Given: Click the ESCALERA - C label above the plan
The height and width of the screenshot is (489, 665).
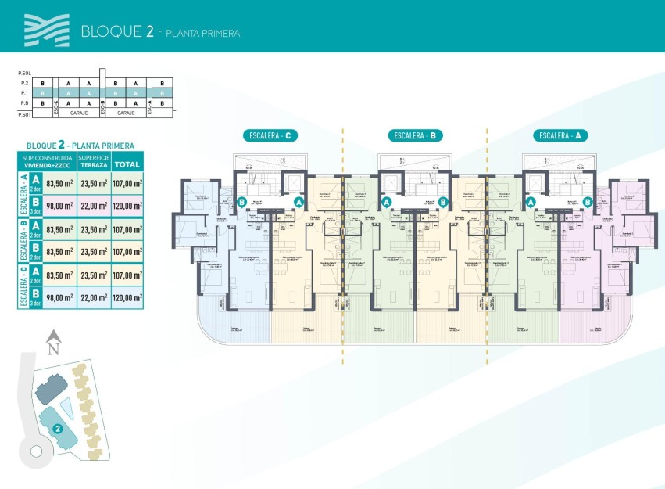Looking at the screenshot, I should coord(270,135).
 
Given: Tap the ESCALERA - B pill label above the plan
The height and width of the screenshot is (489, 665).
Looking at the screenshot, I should coord(415,135).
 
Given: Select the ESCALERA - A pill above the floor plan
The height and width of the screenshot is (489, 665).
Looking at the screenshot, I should coord(560,135).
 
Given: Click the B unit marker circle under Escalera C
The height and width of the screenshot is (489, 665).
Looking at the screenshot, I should coord(243,202).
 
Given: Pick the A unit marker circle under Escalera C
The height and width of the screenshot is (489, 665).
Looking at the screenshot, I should coord(299,202).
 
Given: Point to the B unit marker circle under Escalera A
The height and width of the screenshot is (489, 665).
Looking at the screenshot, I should coord(588,202).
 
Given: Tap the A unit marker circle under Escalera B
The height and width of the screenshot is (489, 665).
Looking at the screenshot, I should coord(386,202).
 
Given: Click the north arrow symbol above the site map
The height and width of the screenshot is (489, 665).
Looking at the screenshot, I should coord(53,340).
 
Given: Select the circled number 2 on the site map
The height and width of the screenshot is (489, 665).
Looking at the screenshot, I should coord(58,428).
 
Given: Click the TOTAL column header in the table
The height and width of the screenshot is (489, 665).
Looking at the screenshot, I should coord(127,164).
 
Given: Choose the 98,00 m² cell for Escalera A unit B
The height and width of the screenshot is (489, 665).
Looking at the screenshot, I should coord(59,207).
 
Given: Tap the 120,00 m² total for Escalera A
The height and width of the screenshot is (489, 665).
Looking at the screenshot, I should coord(127,207).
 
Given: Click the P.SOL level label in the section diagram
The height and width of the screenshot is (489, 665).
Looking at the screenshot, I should coord(23,73).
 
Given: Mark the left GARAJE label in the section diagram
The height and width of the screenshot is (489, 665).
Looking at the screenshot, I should coord(77,113).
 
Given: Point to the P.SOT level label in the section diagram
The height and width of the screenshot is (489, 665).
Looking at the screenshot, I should coord(23,113).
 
